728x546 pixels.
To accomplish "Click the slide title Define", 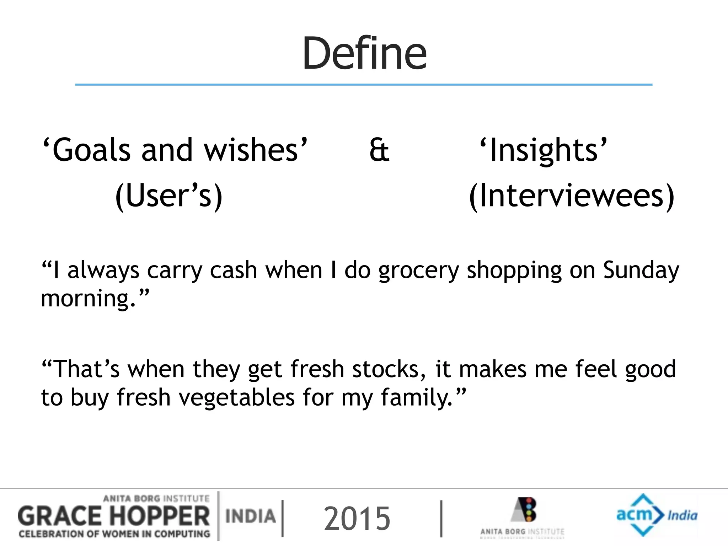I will [x=364, y=53].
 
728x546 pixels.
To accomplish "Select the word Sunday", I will [x=641, y=270].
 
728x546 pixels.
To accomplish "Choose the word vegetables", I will [x=236, y=397].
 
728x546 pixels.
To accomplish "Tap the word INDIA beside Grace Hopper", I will [x=251, y=516].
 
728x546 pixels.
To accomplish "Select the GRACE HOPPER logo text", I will [x=114, y=516].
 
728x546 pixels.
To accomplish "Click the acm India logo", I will [x=656, y=515].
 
